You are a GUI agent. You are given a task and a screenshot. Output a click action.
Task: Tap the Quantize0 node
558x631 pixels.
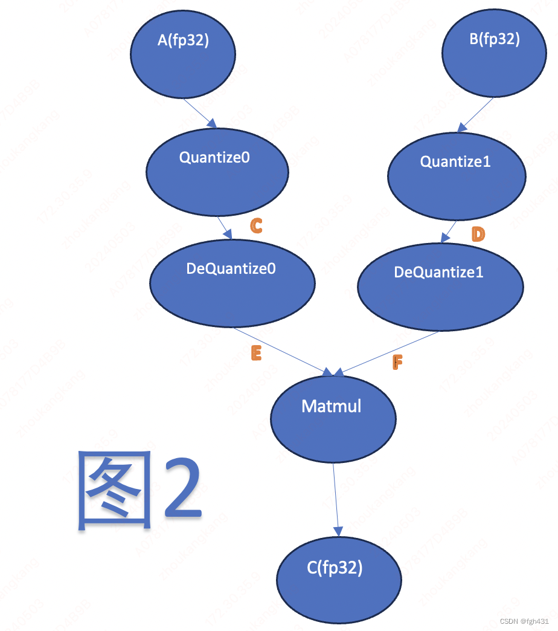coord(217,171)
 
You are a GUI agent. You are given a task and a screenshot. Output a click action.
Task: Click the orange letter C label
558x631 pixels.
coord(256,225)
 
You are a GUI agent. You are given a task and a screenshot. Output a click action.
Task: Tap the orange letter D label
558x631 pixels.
coord(478,234)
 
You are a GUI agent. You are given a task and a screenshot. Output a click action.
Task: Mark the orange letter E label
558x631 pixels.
coord(256,354)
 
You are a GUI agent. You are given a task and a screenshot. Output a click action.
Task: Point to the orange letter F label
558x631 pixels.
coord(397,362)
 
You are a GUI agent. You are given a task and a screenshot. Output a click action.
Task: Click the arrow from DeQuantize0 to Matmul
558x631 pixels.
coord(281,350)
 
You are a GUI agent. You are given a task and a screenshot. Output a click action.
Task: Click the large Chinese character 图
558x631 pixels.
coord(115,490)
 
